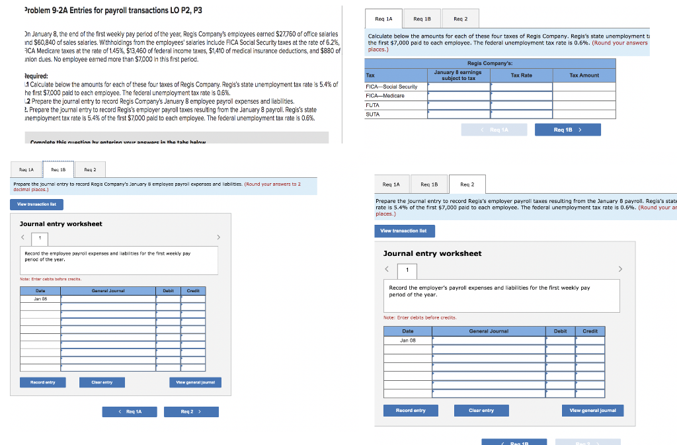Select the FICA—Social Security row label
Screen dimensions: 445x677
[391, 87]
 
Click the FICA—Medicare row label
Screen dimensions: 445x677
[385, 96]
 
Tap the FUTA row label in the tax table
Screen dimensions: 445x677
[372, 105]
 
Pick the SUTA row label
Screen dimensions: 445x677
[372, 114]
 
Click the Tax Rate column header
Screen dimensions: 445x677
[521, 75]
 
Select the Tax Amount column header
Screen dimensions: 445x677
[584, 75]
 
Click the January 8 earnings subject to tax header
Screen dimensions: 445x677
[458, 75]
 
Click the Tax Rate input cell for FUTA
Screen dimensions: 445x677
[521, 105]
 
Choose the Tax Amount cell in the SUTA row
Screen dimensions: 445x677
[584, 114]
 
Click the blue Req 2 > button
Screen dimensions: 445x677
[190, 412]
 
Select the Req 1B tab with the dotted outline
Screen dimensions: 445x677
[63, 170]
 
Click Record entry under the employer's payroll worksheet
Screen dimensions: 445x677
[410, 411]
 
